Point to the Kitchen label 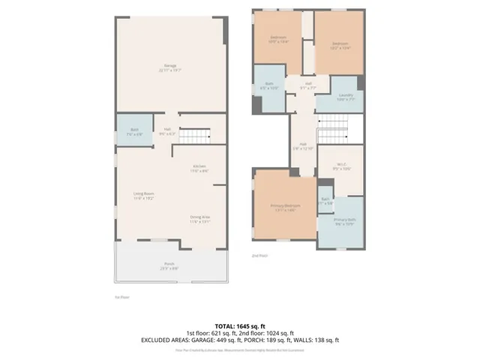[x=199, y=168]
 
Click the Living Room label [x=144, y=196]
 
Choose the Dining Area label [x=200, y=219]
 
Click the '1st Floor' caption [x=123, y=297]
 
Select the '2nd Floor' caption [x=260, y=256]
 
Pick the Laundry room [x=344, y=96]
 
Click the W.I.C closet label [x=341, y=166]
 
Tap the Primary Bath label [x=345, y=221]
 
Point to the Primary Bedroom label [x=286, y=207]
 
